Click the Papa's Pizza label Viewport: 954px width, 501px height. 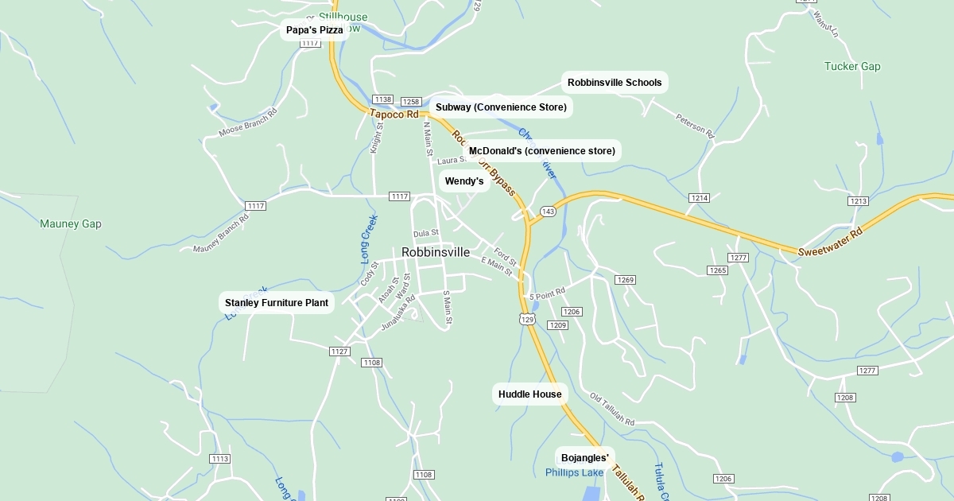coord(315,30)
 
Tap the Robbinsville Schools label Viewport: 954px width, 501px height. coord(615,83)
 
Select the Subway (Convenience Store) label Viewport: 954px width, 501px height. coord(501,107)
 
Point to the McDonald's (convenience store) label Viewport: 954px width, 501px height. coord(541,151)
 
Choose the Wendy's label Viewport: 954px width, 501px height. coord(464,181)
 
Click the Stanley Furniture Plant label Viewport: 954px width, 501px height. coord(277,303)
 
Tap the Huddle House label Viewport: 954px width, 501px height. coord(529,394)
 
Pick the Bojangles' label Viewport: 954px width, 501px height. coord(585,458)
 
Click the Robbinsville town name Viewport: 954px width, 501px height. coord(436,252)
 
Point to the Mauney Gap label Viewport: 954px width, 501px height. coord(71,224)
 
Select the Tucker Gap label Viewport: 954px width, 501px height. coord(852,67)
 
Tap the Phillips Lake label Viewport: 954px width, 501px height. coord(575,473)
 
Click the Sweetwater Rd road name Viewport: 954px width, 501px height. coord(831,243)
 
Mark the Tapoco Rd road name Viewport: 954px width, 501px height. coord(394,115)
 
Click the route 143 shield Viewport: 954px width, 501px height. coord(548,212)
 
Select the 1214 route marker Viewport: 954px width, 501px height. coord(699,198)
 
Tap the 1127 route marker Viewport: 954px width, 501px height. coord(339,351)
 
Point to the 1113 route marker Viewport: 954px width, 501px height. coord(220,459)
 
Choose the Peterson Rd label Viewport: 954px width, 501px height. coord(695,126)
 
